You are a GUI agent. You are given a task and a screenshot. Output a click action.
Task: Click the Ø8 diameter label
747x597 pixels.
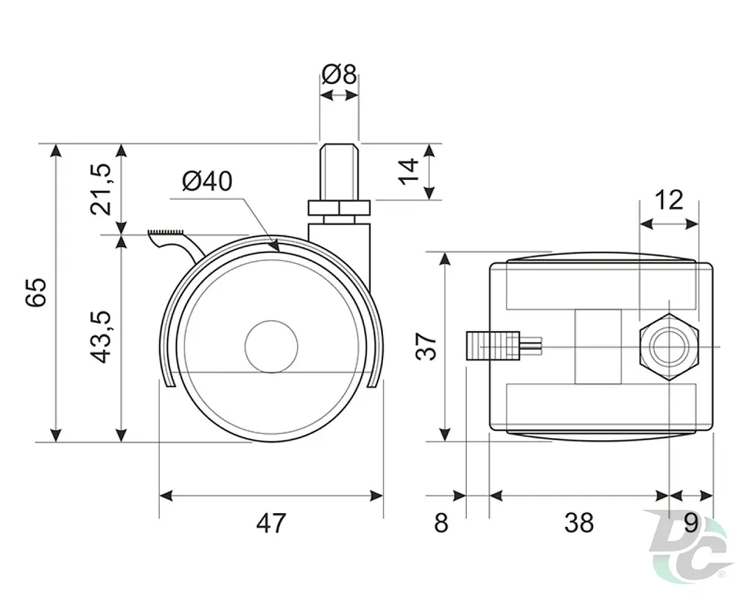point(338,74)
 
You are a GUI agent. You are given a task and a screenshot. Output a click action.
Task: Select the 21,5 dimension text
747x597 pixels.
point(101,189)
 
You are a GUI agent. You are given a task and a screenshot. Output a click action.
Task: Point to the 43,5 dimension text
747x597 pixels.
point(101,337)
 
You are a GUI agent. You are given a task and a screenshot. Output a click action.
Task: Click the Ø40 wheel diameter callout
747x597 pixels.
point(207,182)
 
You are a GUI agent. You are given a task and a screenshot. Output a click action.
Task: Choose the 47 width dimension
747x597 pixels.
point(271,523)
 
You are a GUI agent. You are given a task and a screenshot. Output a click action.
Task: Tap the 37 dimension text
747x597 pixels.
point(426,346)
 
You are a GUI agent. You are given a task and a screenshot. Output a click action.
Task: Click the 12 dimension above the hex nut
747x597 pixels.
point(669,200)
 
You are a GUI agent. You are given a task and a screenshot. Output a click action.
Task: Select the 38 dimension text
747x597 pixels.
point(578,523)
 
